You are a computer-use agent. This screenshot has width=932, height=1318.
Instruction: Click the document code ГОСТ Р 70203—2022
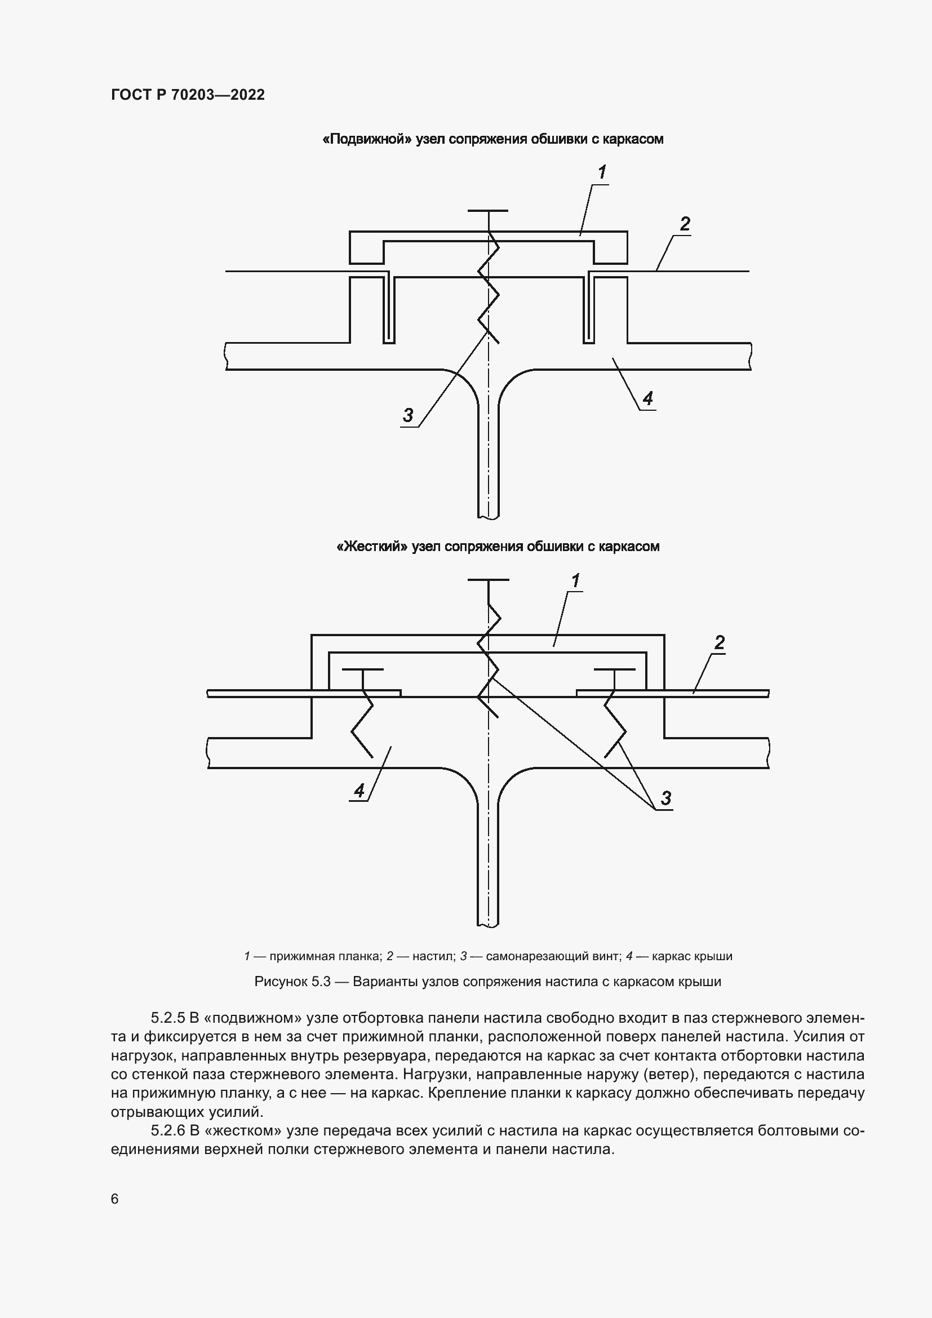coord(188,95)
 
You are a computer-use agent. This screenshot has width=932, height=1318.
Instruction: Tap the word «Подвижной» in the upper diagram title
coord(367,139)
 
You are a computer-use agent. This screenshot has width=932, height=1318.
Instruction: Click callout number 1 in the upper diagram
coord(602,172)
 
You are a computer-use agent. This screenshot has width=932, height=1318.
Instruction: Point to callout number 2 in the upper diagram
coord(685,224)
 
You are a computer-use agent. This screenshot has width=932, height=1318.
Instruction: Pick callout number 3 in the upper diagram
coord(408,415)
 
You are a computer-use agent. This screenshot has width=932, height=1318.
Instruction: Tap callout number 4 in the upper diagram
coord(648,398)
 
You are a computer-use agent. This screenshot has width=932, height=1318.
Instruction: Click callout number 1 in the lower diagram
coord(575,581)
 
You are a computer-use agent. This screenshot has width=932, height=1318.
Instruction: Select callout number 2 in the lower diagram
coord(719,642)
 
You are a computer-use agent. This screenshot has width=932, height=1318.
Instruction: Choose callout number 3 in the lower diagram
coord(665,797)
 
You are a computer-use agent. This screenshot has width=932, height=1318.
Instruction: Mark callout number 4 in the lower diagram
coord(360,791)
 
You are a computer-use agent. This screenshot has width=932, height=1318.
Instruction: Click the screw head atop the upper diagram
coord(488,211)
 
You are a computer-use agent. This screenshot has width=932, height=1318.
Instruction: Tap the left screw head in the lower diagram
coord(363,669)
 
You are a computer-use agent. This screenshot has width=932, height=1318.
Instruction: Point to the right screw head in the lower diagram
coord(615,669)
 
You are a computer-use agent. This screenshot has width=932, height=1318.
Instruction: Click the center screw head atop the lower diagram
coord(488,580)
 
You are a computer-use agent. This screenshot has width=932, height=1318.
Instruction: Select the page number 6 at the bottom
coord(115,1199)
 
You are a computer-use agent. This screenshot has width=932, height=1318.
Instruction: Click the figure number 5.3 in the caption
coord(321,981)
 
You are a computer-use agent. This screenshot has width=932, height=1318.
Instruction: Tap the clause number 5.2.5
coord(168,1018)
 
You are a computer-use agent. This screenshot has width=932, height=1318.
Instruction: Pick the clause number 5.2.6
coord(168,1130)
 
